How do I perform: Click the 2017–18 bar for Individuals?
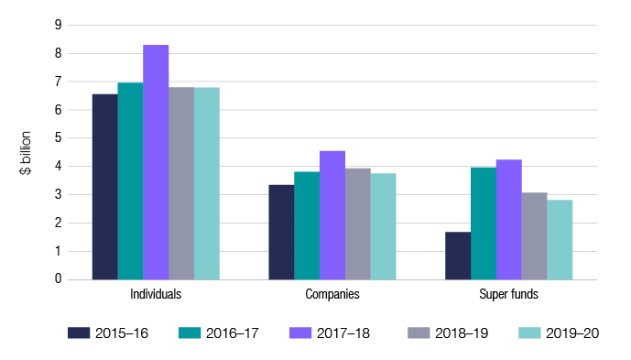[x=156, y=162]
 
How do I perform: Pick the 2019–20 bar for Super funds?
[x=559, y=239]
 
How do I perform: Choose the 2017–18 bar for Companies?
[x=332, y=215]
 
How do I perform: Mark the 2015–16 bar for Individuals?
[x=105, y=187]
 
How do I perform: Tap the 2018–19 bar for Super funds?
[x=534, y=235]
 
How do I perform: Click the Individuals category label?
[x=156, y=295]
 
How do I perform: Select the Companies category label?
[x=332, y=295]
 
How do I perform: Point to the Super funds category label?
[x=508, y=295]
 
